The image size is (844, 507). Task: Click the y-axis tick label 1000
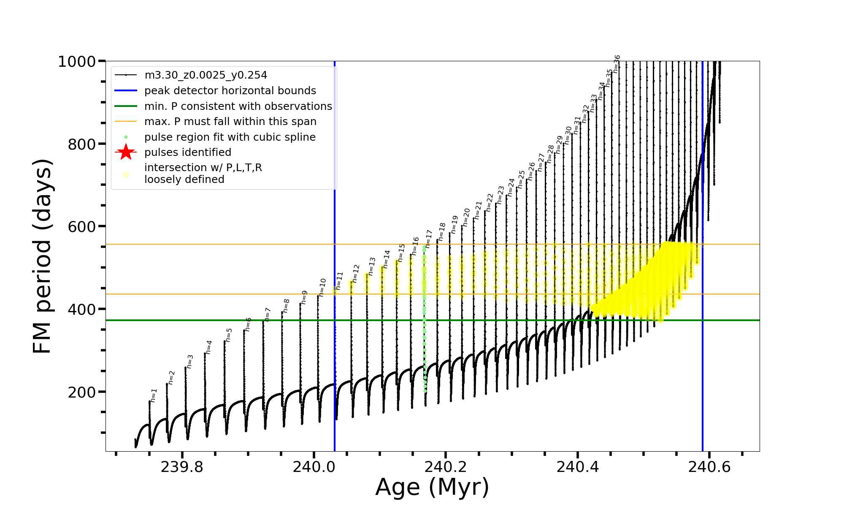pos(77,62)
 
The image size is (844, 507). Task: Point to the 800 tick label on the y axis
pos(82,144)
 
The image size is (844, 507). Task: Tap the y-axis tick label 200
pos(82,392)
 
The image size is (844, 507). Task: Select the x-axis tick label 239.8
pos(182,467)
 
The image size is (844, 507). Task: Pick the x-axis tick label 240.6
pos(709,467)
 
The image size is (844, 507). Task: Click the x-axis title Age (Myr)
pos(432,487)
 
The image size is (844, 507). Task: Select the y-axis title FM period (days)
pos(42,256)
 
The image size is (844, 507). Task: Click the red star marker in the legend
pos(126,152)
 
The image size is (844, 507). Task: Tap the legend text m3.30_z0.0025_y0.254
pos(206,75)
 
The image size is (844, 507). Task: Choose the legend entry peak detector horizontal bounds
pos(230,91)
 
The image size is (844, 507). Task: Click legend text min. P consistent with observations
pos(238,106)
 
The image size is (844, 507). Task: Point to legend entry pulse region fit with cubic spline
pos(230,137)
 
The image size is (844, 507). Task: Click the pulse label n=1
pos(154,395)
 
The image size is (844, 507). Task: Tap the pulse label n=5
pos(229,335)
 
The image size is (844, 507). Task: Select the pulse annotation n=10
pos(322,287)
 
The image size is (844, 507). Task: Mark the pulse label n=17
pos(429,239)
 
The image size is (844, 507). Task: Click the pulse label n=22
pos(490,203)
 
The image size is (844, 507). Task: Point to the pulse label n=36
pos(617,63)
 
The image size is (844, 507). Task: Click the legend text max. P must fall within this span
pos(230,122)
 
